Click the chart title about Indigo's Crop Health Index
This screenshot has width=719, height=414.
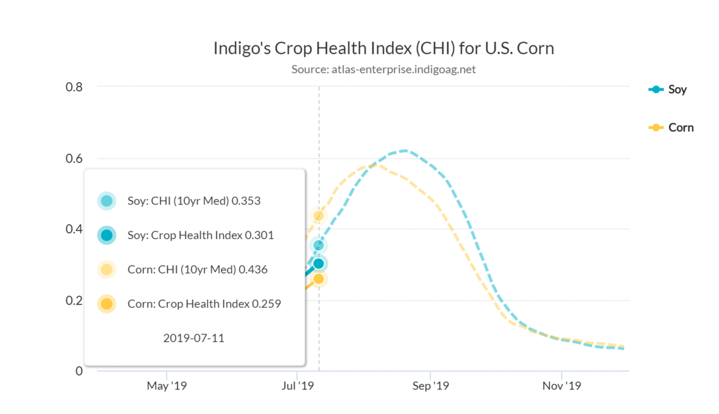tap(383, 48)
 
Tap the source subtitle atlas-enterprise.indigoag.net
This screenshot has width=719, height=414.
tap(383, 69)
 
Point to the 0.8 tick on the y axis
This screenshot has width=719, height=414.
tap(74, 87)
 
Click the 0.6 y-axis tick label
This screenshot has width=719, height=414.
tap(74, 158)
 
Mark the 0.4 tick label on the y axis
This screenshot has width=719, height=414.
tap(74, 229)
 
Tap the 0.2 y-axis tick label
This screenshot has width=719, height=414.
tap(74, 301)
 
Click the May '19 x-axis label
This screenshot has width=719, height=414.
tap(166, 386)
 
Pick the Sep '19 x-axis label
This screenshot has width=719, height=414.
tap(431, 386)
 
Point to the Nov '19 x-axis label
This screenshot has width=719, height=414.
tap(562, 386)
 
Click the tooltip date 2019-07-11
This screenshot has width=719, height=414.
tap(194, 338)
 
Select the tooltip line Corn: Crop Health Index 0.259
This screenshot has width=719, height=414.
tap(204, 304)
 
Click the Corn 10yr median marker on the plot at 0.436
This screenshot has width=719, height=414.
tap(318, 215)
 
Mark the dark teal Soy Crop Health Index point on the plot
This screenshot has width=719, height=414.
tap(318, 264)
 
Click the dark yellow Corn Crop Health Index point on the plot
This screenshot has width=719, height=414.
tap(318, 279)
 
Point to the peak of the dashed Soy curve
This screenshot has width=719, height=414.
tap(405, 150)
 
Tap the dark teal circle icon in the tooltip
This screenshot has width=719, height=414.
tap(107, 235)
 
